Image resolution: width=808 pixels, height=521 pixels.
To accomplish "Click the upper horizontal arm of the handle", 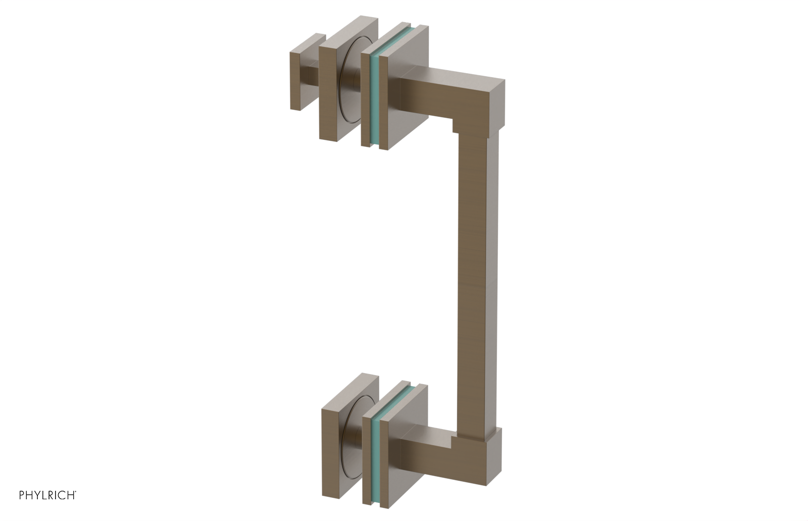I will coord(444,93).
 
